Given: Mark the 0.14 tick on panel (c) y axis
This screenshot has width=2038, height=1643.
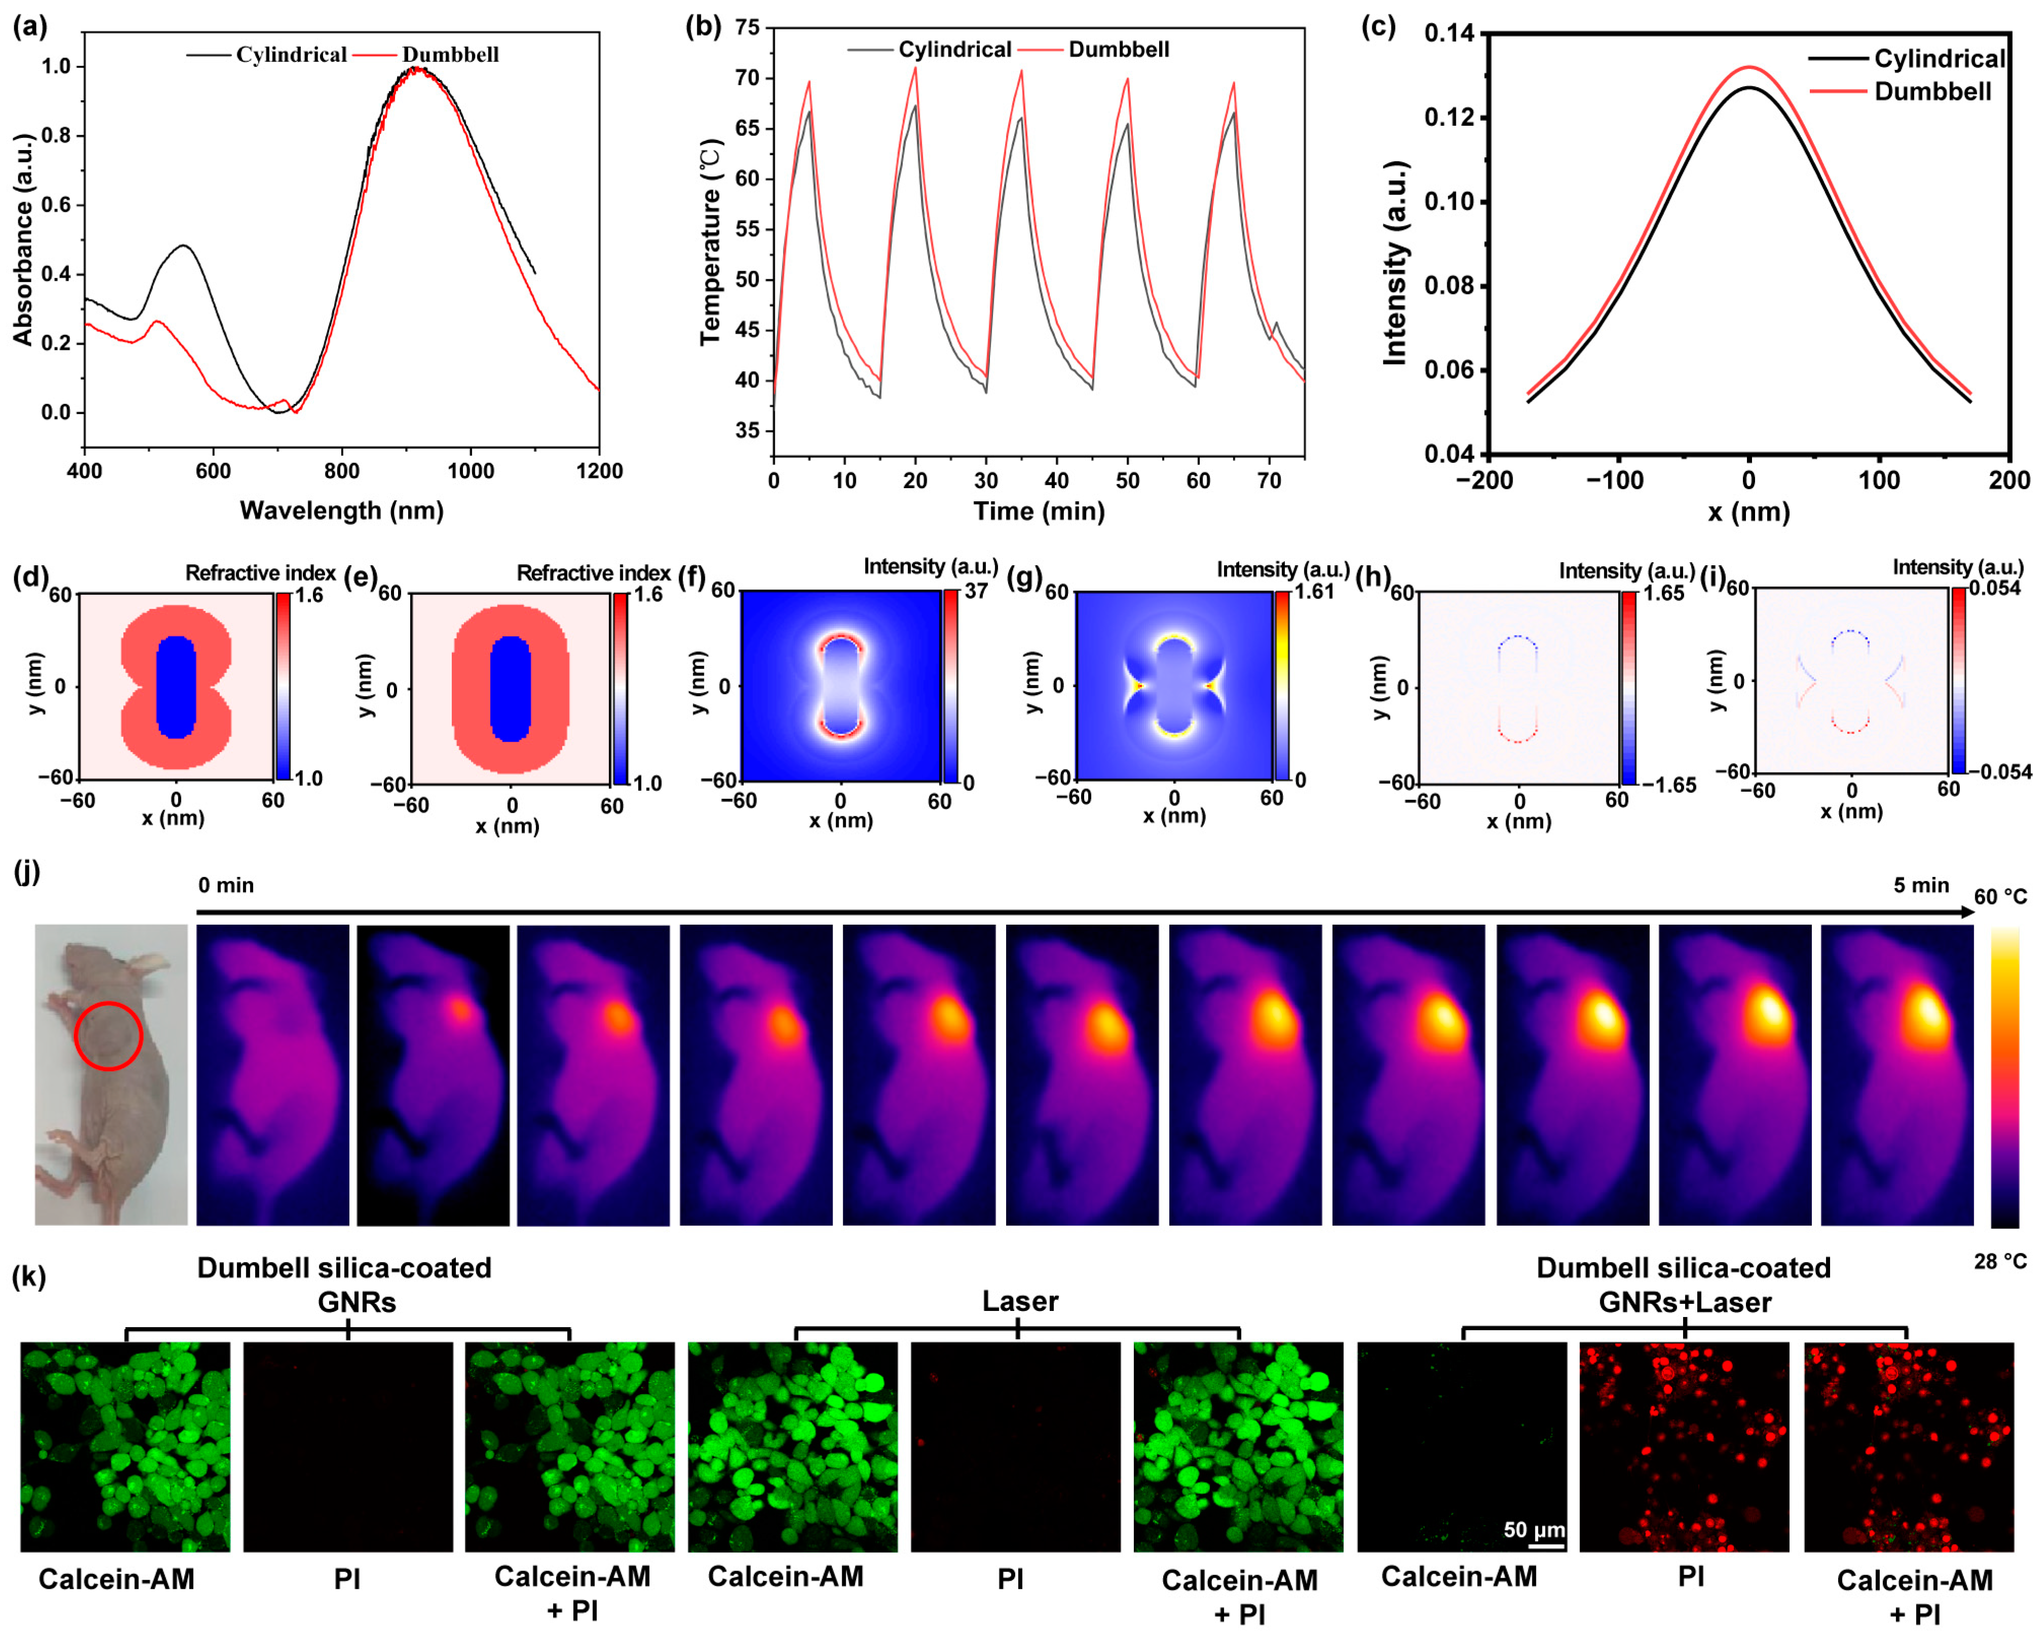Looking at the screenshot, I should pos(1448,34).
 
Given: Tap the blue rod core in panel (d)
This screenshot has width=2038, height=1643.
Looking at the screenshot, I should pos(175,686).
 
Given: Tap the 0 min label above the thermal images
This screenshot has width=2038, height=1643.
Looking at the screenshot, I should pos(225,885).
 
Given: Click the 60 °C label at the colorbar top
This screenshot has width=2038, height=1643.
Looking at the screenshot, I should pos(1999,896).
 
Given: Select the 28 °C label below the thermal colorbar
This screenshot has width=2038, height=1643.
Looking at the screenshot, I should pos(1999,1262).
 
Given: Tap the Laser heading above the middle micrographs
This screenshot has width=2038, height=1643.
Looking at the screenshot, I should pos(1019,1301).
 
